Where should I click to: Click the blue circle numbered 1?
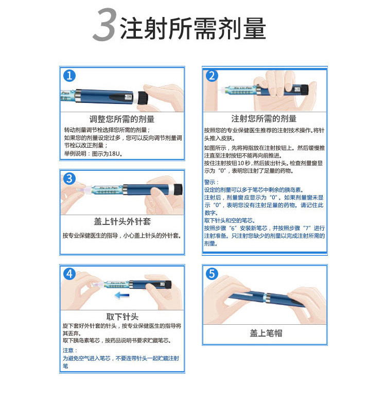coord(69,76)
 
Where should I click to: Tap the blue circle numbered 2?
coord(212,76)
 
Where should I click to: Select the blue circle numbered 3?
coord(69,179)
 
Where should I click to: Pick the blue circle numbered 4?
coord(69,274)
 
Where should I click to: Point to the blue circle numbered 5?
coord(212,274)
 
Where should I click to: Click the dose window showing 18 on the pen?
coord(129,97)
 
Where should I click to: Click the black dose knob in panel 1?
coord(143,98)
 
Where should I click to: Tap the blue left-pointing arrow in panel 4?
coord(122,295)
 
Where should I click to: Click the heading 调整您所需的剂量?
coord(122,119)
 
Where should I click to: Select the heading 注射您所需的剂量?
coord(264,118)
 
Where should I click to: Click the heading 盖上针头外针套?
coord(122,221)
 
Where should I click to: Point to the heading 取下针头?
coord(122,317)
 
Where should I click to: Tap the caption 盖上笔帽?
coord(266,333)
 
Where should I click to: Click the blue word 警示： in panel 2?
coord(212,182)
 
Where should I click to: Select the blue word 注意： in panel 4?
coord(70,351)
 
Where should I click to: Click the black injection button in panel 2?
coord(305,89)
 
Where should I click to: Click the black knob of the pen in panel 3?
coord(178,189)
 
